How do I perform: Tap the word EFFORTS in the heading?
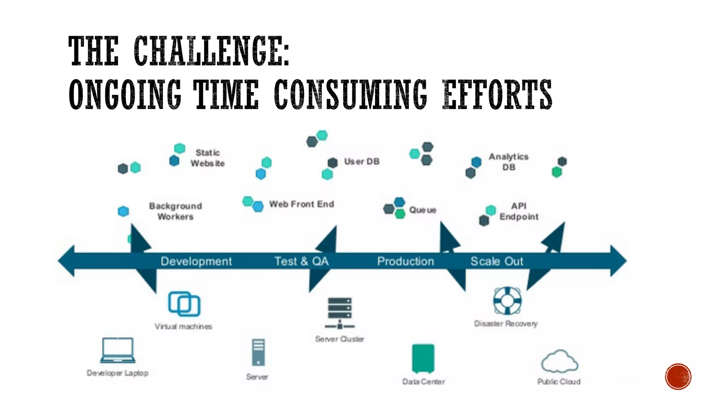click(x=497, y=94)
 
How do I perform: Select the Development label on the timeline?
click(x=196, y=261)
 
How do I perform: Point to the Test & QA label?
click(x=301, y=261)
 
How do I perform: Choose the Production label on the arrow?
click(x=405, y=261)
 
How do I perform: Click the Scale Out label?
click(x=496, y=261)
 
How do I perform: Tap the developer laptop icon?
click(x=118, y=350)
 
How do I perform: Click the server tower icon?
click(x=258, y=352)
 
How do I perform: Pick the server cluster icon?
click(x=340, y=313)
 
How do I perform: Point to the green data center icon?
click(x=423, y=358)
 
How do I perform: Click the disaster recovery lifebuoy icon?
click(x=507, y=300)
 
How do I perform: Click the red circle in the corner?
click(x=678, y=377)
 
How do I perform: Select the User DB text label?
click(x=362, y=161)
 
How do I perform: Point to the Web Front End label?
click(x=301, y=204)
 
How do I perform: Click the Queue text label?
click(x=423, y=210)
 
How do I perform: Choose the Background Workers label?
click(x=175, y=211)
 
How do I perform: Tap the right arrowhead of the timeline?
click(x=618, y=261)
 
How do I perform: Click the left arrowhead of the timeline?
click(x=66, y=261)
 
